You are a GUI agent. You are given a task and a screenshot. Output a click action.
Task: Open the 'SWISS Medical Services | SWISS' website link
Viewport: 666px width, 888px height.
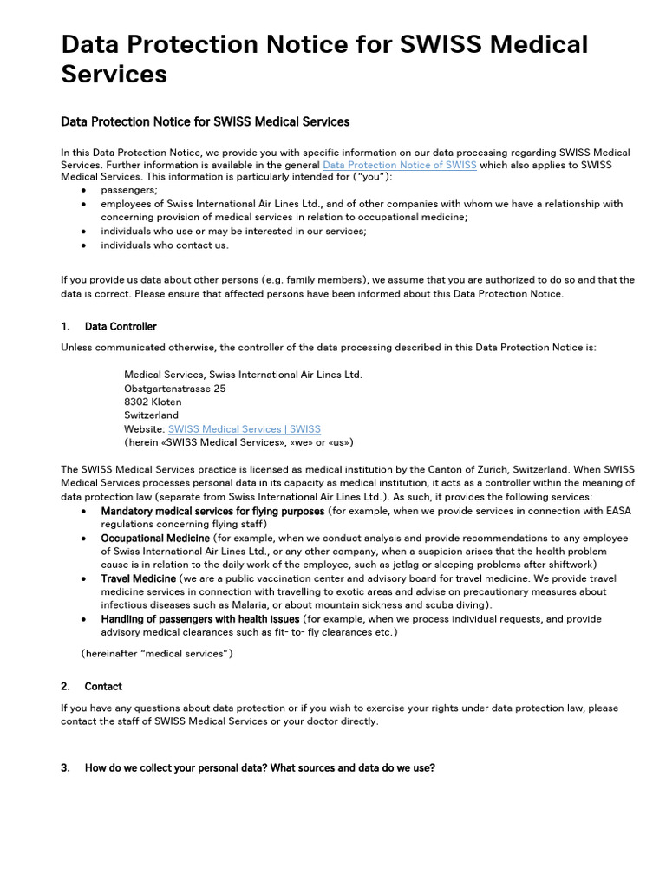coord(244,428)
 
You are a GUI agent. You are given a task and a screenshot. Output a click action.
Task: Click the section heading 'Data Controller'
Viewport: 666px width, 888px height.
coord(121,327)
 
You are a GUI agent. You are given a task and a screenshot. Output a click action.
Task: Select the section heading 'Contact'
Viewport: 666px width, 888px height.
coord(103,686)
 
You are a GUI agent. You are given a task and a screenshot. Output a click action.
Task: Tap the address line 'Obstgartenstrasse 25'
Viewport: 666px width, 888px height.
coord(174,388)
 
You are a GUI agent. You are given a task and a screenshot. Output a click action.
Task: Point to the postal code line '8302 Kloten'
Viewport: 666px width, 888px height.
coord(153,402)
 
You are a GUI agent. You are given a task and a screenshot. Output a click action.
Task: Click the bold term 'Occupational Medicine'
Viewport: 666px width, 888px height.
coord(155,538)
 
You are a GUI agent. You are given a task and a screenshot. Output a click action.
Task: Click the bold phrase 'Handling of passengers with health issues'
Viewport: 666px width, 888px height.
coord(200,619)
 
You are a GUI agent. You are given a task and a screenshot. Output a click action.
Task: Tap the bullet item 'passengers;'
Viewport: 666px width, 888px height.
coord(129,190)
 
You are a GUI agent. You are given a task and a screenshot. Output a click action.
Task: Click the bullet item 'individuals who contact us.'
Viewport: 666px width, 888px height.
coord(165,245)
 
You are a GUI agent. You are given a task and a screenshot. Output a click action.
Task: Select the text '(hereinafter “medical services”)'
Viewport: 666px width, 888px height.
coord(157,653)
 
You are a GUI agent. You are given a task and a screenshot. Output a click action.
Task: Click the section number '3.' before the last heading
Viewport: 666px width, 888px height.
coord(66,767)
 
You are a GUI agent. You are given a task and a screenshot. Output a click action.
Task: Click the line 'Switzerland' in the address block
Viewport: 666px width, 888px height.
coord(151,415)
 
